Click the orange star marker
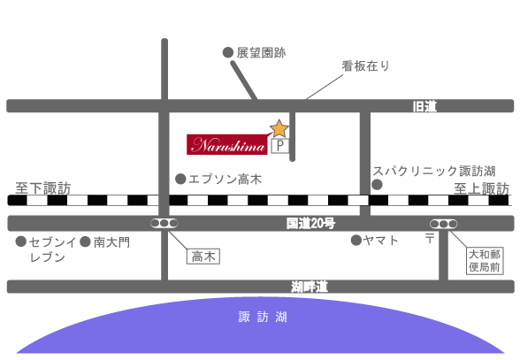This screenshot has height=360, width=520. coord(279,129)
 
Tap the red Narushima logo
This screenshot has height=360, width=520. coord(227,145)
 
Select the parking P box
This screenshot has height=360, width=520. coord(280,146)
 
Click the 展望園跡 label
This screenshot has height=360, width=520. coord(261,53)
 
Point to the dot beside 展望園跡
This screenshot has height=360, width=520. coord(228,52)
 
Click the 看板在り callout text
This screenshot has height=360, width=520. coord(365,66)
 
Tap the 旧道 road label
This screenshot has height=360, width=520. coord(424,106)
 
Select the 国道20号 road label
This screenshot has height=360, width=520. coord(310,223)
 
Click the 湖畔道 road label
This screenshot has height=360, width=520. coord(310,287)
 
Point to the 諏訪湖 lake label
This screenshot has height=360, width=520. coord(263,317)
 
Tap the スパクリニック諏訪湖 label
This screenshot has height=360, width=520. coord(433,172)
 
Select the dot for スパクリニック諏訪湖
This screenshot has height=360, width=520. coord(377,185)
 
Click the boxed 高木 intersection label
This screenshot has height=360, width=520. coord(203,257)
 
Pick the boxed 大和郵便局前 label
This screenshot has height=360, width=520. coord(485,261)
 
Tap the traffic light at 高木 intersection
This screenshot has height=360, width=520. coord(164,223)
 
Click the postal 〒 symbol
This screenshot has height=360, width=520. coord(430,238)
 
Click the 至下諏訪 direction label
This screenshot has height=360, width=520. coord(43,188)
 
